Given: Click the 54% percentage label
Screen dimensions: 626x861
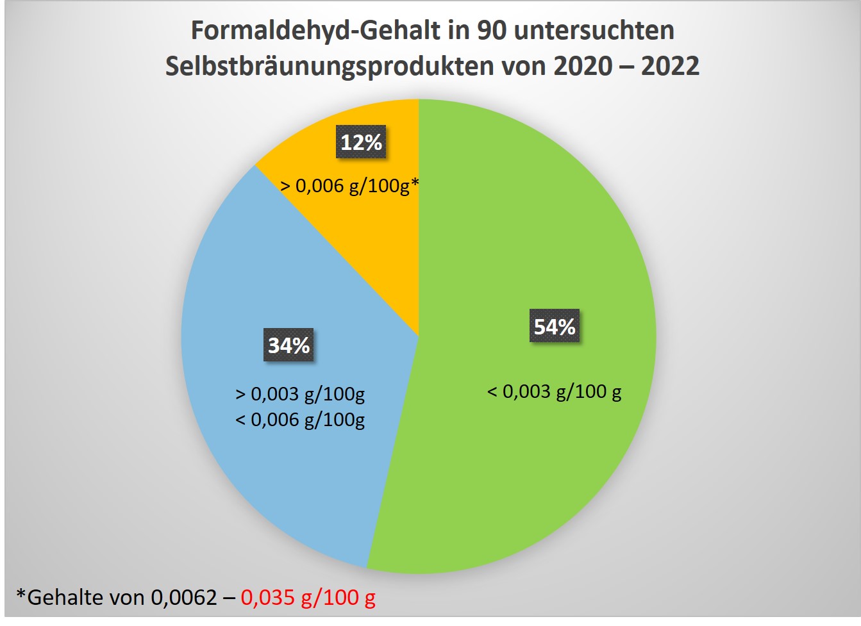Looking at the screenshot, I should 555,326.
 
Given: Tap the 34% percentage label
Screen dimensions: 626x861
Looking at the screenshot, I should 288,345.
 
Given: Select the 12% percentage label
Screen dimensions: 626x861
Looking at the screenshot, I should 361,142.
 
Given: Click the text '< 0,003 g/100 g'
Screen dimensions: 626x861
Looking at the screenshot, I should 554,391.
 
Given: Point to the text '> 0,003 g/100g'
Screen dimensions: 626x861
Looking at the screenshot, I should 300,393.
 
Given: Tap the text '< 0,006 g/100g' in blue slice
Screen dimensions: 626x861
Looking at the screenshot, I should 300,420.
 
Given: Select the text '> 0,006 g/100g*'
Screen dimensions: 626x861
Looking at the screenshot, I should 350,186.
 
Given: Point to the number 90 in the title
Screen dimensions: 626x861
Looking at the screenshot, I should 492,31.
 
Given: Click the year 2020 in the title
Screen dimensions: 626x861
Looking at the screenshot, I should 583,67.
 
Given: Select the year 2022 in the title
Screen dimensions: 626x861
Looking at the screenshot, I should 670,67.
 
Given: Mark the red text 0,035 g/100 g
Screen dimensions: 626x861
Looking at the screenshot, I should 308,597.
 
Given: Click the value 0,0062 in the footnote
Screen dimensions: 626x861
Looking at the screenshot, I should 184,597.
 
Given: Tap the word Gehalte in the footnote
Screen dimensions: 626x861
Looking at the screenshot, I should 65,597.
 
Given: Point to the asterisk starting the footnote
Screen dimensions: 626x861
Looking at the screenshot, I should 21,595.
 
